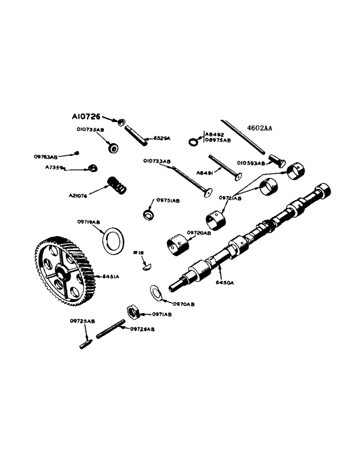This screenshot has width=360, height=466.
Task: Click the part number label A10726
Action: tap(86, 116)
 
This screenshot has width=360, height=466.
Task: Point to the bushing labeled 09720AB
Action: tap(178, 243)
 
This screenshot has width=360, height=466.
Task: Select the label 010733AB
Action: tap(157, 161)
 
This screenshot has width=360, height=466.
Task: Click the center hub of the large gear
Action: tap(62, 271)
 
